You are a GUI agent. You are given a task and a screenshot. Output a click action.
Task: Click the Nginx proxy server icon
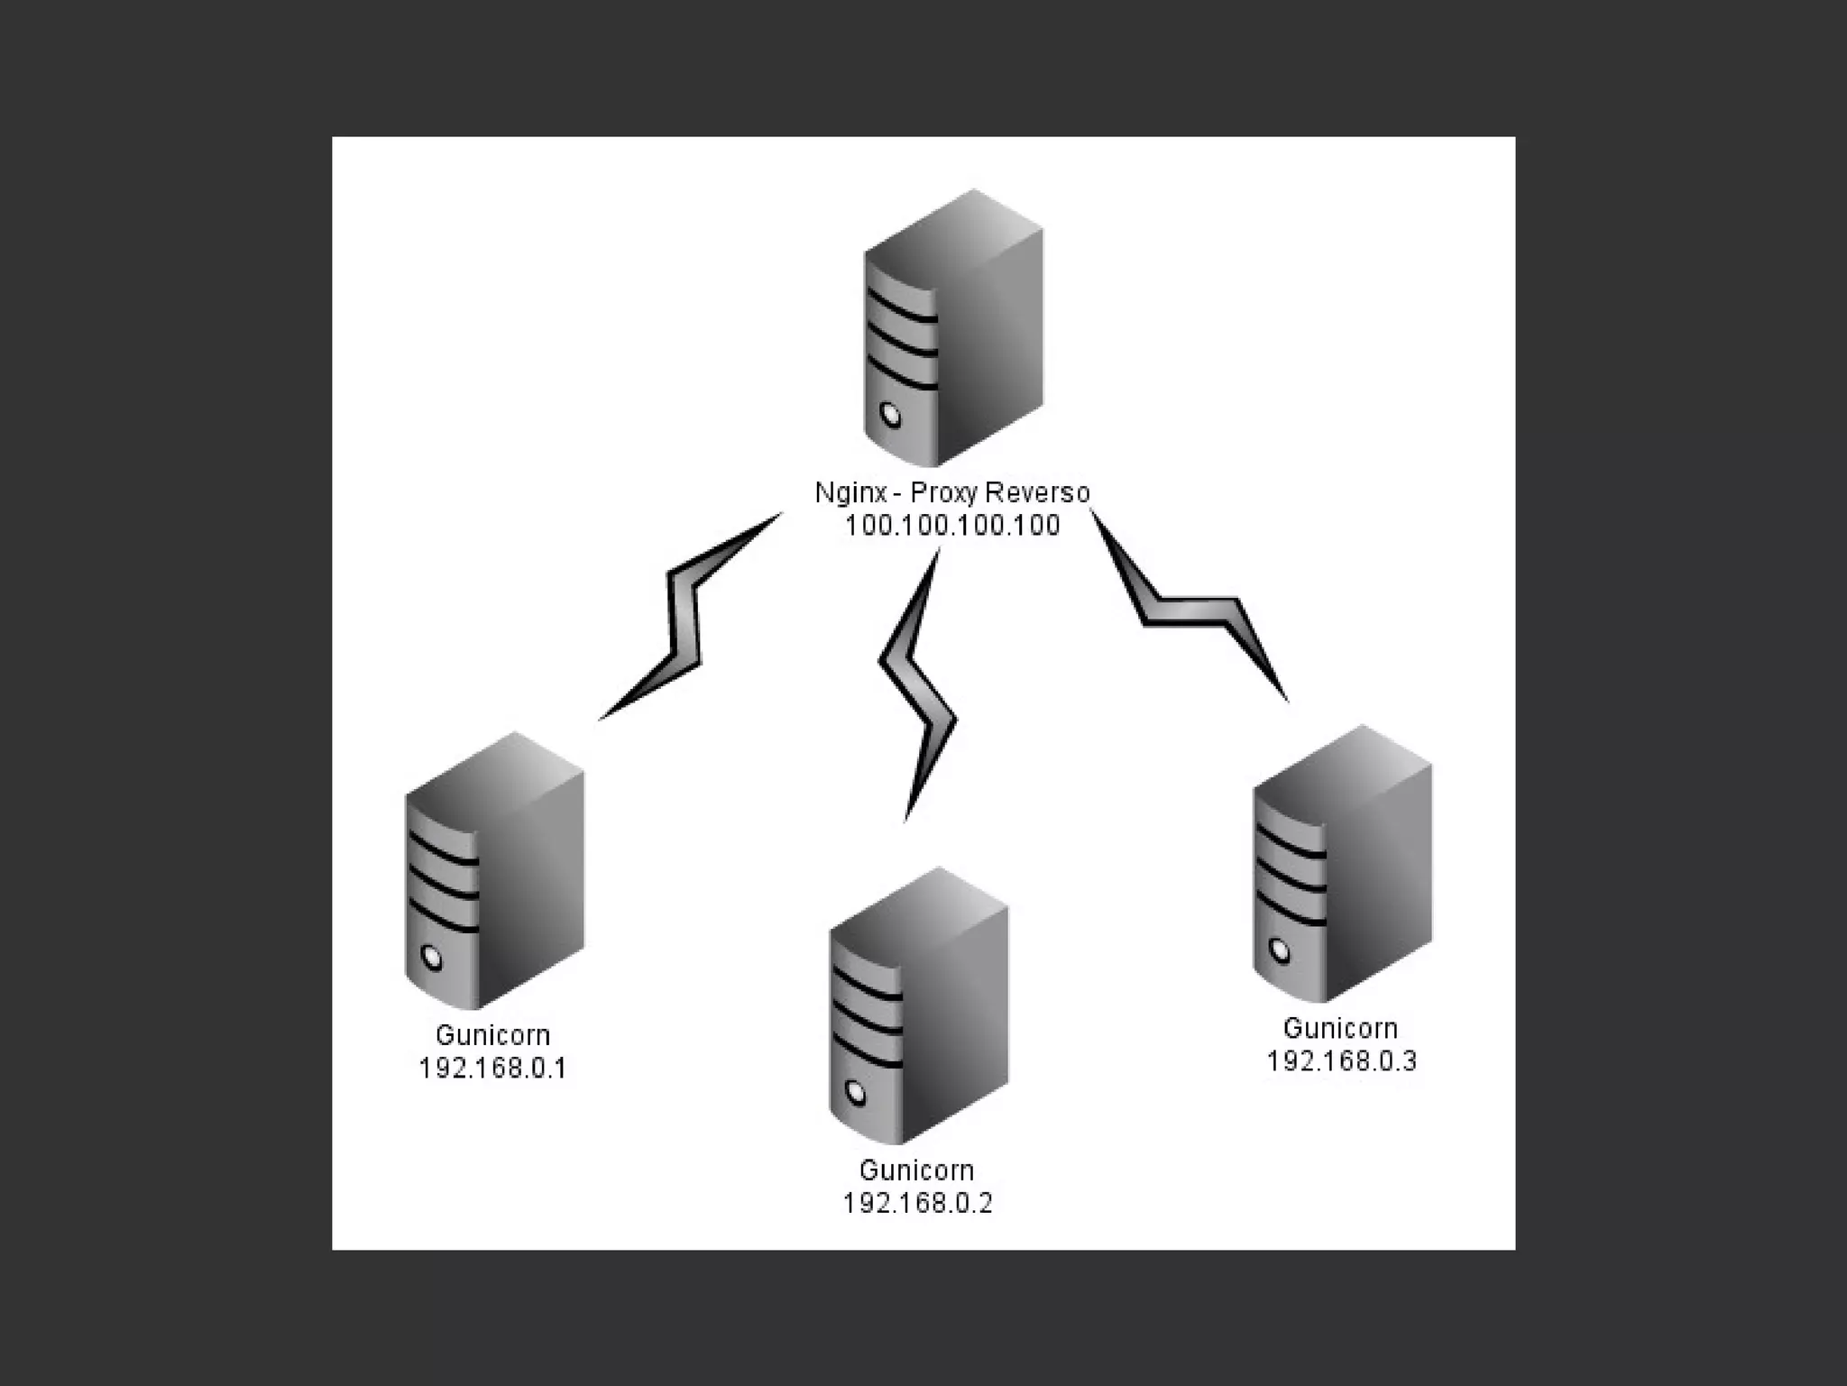coord(953,329)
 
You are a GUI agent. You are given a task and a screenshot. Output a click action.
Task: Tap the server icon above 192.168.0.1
coord(494,871)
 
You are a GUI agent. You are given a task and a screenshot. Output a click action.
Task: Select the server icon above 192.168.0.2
coord(917,1005)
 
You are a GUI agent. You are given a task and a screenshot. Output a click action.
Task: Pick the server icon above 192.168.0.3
coord(1341,864)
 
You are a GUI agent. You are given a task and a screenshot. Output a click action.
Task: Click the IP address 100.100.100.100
coord(952,526)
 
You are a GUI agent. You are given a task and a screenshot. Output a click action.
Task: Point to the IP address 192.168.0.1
coord(492,1069)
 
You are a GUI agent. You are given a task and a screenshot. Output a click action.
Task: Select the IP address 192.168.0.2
coord(917,1203)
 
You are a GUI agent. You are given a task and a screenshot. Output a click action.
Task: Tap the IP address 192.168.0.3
coord(1341,1061)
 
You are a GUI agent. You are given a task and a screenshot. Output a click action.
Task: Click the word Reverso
coord(1036,492)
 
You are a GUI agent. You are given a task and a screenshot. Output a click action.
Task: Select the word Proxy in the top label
coord(944,492)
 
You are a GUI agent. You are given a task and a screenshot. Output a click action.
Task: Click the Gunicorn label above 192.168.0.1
coord(492,1035)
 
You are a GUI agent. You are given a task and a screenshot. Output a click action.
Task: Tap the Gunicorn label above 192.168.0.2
coord(917,1170)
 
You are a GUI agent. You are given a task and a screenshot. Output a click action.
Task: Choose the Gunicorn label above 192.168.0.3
coord(1341,1029)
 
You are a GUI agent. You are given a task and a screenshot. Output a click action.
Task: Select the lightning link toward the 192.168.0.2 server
coord(915,685)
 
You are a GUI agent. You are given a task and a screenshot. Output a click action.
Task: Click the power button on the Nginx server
coord(891,414)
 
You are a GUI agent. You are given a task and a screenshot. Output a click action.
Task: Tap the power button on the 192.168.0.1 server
coord(432,957)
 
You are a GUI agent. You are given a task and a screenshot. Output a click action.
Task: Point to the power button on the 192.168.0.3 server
coord(1279,950)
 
